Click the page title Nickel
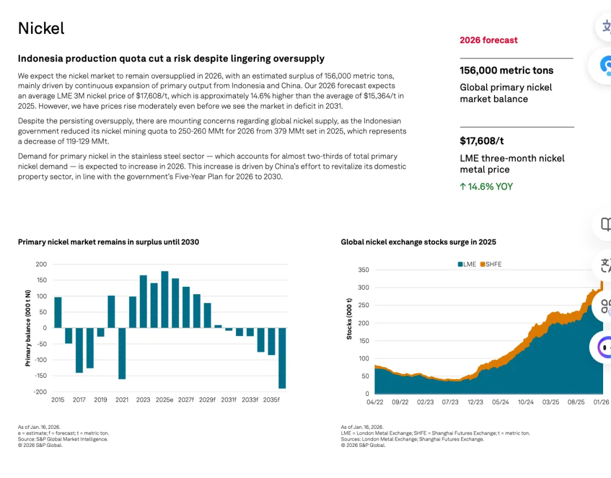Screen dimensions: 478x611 41,28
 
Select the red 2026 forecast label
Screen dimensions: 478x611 488,40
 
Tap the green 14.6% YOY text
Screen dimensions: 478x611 487,187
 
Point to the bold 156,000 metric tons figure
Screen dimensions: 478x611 506,71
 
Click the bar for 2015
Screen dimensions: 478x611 58,312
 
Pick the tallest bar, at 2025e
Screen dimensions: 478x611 165,299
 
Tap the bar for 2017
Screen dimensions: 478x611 79,350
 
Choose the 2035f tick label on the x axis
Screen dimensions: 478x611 272,400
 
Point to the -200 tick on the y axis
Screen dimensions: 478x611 40,392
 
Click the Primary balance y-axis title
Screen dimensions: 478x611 28,328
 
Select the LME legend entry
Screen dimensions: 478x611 467,264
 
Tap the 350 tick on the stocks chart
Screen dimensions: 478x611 363,270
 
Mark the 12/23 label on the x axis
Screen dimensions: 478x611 475,402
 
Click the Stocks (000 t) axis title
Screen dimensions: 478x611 349,319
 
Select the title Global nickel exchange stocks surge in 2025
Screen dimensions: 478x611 418,242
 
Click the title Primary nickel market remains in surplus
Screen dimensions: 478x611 109,242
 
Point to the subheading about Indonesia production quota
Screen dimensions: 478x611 171,59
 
